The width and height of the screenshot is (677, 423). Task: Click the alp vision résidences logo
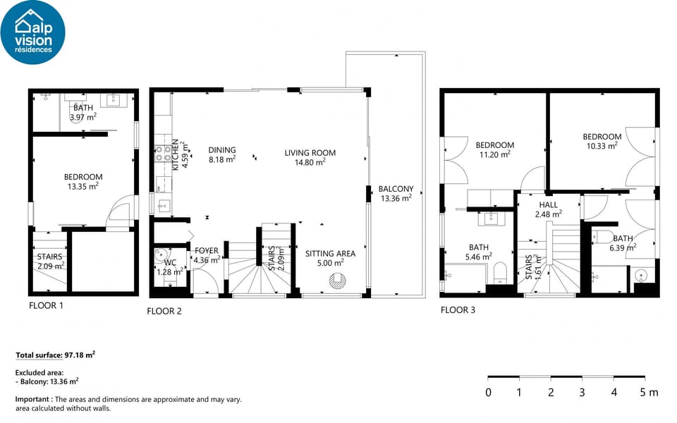(x=32, y=32)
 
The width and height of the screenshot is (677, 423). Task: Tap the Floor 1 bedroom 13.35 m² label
(x=83, y=182)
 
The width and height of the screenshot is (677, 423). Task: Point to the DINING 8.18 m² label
(x=222, y=154)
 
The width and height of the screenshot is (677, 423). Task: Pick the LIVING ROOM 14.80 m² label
(x=310, y=157)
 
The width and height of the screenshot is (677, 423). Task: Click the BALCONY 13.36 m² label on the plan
(x=396, y=193)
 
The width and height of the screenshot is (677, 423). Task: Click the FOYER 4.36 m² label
(x=207, y=255)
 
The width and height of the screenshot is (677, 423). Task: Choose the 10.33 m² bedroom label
(x=602, y=141)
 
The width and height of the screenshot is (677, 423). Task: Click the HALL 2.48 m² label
(x=548, y=209)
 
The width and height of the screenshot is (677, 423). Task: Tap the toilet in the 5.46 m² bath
(x=500, y=271)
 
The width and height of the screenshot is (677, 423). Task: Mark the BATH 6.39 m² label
(x=623, y=243)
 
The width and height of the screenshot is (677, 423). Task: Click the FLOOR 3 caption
(x=458, y=309)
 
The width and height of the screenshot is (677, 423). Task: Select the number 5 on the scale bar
(x=643, y=393)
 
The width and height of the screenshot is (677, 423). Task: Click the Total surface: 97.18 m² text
(x=55, y=355)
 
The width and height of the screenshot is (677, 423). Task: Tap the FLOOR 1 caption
(x=46, y=305)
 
